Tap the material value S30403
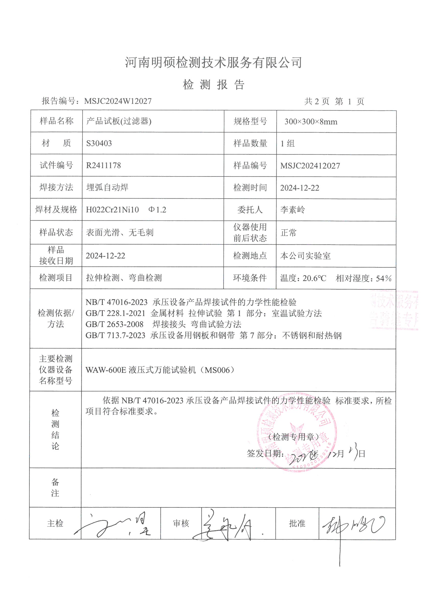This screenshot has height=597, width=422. tap(99, 143)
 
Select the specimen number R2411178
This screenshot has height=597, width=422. tap(103, 165)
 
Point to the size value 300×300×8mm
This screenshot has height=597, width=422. tap(311, 122)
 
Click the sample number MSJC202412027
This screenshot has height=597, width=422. tap(310, 166)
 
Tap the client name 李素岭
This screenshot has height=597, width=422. tap(293, 210)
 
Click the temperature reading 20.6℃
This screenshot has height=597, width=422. tap(314, 278)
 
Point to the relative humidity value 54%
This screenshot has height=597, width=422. tap(384, 278)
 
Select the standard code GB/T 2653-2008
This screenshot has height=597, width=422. tap(114, 324)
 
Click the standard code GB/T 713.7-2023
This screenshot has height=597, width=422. tap(115, 336)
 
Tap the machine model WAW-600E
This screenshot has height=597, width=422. tap(106, 370)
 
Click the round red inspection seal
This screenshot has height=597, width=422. tap(297, 432)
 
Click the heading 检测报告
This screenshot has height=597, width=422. tap(213, 85)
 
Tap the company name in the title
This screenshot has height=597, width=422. tap(213, 62)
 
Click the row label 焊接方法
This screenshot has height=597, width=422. tap(56, 187)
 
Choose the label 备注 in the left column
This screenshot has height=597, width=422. tap(55, 488)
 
